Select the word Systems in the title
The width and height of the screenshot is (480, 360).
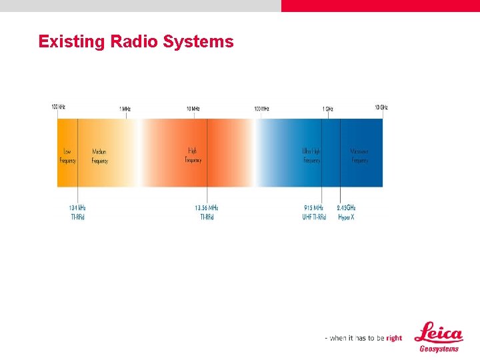[x=199, y=42]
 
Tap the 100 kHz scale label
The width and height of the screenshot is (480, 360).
[x=58, y=107]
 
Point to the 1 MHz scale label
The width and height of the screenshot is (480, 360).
[x=125, y=109]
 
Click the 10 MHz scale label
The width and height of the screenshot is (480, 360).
[x=193, y=109]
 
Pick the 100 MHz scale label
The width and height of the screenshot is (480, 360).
[x=261, y=109]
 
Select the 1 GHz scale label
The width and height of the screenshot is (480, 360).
[x=327, y=109]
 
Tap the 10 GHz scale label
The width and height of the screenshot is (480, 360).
[x=381, y=107]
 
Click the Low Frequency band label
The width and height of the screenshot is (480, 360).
[x=68, y=156]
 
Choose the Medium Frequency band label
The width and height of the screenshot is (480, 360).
[x=99, y=156]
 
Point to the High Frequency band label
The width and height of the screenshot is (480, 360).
[x=193, y=155]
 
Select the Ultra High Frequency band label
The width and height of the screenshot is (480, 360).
[x=311, y=156]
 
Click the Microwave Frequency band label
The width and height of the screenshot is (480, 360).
[x=359, y=156]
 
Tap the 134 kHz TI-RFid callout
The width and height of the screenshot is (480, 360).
[x=77, y=212]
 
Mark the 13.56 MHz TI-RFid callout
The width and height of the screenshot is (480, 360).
[x=207, y=212]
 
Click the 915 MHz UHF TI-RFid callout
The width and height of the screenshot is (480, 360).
[x=314, y=212]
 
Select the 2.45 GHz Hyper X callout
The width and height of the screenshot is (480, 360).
[x=346, y=212]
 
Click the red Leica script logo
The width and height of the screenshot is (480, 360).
[x=438, y=333]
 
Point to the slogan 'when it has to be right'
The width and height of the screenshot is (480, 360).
[x=363, y=338]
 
